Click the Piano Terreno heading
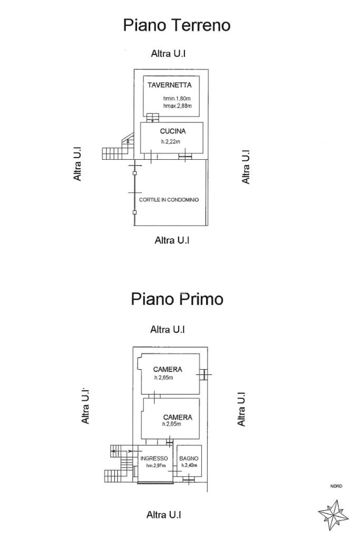click(177, 25)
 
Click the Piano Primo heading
click(177, 299)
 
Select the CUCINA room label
click(173, 131)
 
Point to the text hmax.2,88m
click(177, 107)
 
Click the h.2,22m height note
click(170, 141)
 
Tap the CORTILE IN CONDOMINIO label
click(169, 200)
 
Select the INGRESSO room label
click(154, 458)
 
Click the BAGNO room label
click(189, 458)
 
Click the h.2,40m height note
click(189, 466)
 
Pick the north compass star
click(333, 515)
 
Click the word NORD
click(336, 486)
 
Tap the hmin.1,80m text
click(177, 99)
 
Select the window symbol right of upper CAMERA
click(203, 374)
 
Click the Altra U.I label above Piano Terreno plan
click(168, 53)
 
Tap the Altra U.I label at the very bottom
click(164, 515)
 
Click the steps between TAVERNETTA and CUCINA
click(153, 117)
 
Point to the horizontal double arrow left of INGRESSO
click(122, 451)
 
